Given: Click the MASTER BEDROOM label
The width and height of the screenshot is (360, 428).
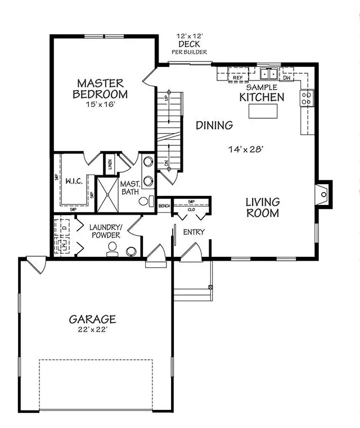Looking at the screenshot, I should pyautogui.click(x=102, y=88).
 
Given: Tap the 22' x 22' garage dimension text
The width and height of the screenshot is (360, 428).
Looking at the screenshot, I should pyautogui.click(x=93, y=330).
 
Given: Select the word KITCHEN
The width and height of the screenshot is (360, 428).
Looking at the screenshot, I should pyautogui.click(x=262, y=97).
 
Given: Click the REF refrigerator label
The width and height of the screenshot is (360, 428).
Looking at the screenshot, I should pyautogui.click(x=238, y=78).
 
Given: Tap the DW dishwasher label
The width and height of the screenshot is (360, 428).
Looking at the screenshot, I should pyautogui.click(x=287, y=78).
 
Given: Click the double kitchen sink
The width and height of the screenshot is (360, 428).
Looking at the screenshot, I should pyautogui.click(x=268, y=74).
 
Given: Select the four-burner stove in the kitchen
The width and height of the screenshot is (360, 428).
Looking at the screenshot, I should pyautogui.click(x=307, y=99).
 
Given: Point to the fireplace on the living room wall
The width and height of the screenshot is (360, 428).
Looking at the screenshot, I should pyautogui.click(x=323, y=194).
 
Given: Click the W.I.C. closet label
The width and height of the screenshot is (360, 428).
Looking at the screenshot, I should pyautogui.click(x=74, y=182).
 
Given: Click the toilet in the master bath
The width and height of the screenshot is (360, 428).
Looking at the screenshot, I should pyautogui.click(x=145, y=200).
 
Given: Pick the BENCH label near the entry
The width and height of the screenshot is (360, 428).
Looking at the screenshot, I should pyautogui.click(x=164, y=206).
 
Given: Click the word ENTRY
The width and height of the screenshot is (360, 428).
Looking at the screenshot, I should pyautogui.click(x=193, y=232).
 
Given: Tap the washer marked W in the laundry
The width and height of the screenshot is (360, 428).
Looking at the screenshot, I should pyautogui.click(x=63, y=246).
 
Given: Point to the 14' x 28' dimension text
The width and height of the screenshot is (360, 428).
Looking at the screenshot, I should pyautogui.click(x=246, y=150).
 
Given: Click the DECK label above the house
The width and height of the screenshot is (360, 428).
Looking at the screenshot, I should pyautogui.click(x=189, y=44).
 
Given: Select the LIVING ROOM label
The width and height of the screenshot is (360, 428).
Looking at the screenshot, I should pyautogui.click(x=262, y=207).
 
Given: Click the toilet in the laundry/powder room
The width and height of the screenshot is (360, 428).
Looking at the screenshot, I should pyautogui.click(x=112, y=248).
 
